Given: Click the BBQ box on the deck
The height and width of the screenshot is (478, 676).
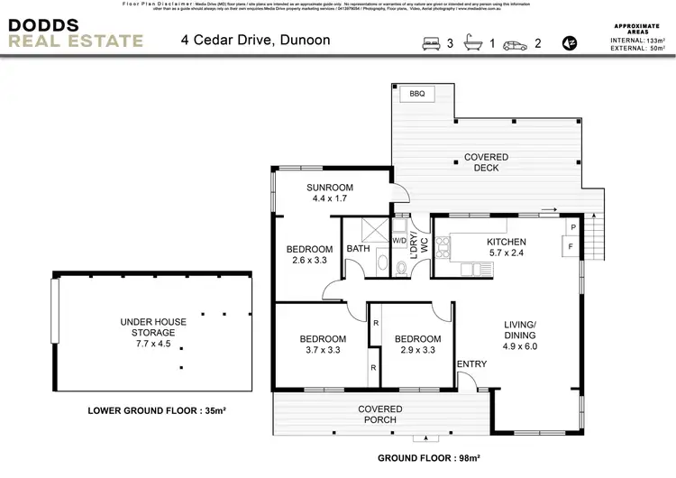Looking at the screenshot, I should coord(416,94).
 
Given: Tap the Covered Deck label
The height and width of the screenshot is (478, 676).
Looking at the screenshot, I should coord(486,163).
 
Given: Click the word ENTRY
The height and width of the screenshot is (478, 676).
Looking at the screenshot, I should coord(471,364).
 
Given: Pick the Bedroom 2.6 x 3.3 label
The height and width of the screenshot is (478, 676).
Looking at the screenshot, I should coord(309,255).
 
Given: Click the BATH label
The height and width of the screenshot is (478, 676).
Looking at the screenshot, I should coord(358,249).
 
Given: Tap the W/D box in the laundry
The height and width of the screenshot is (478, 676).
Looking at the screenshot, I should coord(399,240).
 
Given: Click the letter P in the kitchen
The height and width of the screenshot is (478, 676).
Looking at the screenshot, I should coord(572,227).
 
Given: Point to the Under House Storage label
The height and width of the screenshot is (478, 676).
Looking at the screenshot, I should coord(147,332).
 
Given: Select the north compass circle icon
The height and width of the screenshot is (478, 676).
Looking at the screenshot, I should coord(568,42).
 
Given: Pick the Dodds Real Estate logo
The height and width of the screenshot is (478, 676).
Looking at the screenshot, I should coord(76,32).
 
